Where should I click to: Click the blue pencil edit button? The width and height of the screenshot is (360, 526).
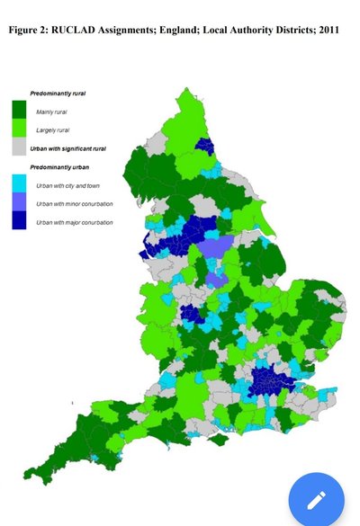pos(316,499)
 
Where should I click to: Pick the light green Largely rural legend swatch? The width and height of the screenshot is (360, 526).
pos(19,129)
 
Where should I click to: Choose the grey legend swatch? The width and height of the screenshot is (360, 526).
pos(19,147)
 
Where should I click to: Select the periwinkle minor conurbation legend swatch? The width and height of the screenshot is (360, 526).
pos(19,203)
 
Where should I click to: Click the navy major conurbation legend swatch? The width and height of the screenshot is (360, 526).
pos(19,221)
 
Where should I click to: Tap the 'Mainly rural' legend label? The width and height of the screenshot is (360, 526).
pos(51,111)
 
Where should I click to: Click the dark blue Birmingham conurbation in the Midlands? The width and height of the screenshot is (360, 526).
pos(191,313)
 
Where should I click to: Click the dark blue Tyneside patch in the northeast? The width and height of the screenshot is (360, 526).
pos(205,147)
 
